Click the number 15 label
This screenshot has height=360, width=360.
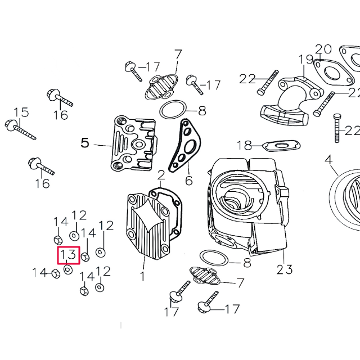[21, 112]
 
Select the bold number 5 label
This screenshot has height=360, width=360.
[85, 143]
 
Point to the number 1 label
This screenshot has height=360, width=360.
[142, 276]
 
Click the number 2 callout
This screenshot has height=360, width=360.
[161, 175]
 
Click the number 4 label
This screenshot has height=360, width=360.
[328, 160]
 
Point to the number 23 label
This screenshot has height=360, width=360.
[285, 269]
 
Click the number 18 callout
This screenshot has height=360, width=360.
[244, 146]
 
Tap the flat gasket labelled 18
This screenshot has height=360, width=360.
[281, 145]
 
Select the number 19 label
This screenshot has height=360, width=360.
[305, 60]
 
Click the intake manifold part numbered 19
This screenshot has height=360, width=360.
[287, 101]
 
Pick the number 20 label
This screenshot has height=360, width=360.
[323, 49]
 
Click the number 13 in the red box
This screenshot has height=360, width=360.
[69, 255]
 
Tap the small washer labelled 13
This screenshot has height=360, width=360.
[67, 269]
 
